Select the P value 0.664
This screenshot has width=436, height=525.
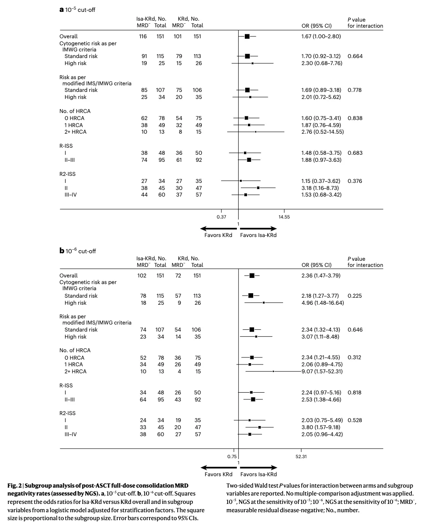(355, 56)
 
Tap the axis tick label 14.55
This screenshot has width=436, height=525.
(284, 217)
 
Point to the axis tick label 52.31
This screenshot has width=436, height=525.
(301, 456)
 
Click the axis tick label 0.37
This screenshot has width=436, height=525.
(221, 217)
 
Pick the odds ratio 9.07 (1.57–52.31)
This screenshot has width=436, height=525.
(322, 372)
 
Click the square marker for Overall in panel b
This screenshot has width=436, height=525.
(252, 276)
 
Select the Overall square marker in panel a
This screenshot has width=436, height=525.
(247, 36)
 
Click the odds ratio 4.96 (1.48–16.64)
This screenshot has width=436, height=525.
(322, 303)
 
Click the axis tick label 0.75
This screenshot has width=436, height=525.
(232, 456)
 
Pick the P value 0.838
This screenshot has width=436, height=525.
(355, 118)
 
